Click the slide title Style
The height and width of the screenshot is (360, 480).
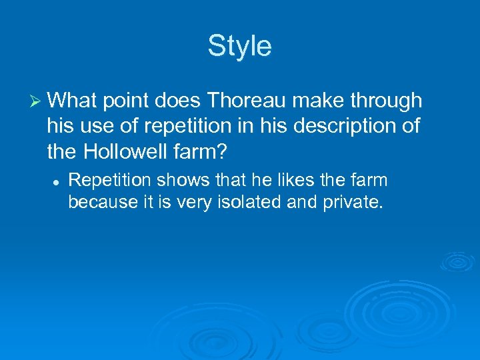click(x=239, y=47)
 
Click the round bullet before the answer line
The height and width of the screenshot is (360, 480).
click(x=57, y=181)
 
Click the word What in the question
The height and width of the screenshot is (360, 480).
click(x=71, y=101)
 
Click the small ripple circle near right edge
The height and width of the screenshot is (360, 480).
click(x=457, y=263)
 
